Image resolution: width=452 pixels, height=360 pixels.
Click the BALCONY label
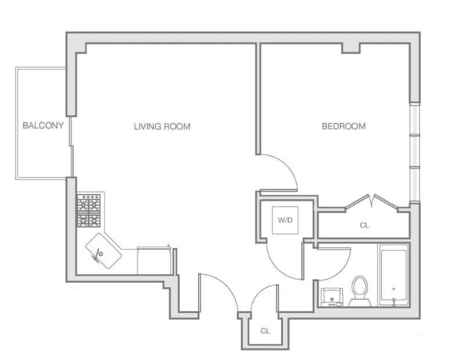(x=43, y=125)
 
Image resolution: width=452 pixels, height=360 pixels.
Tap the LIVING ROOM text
(x=162, y=127)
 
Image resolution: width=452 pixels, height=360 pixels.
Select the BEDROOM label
(x=343, y=126)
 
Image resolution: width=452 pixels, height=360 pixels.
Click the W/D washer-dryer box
(x=285, y=220)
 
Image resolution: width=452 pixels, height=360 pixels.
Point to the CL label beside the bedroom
(x=365, y=225)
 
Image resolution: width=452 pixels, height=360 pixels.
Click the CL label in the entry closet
(x=265, y=331)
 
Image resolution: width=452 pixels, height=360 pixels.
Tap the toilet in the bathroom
(x=360, y=291)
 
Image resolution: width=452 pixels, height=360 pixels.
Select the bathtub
(x=394, y=275)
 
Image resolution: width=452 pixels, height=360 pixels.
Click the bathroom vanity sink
(x=332, y=297)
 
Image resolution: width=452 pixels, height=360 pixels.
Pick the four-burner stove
(x=89, y=211)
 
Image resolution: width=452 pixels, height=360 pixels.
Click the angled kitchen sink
(x=104, y=251)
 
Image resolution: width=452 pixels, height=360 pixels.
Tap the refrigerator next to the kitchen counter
(x=155, y=260)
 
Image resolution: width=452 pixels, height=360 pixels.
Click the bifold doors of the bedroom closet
(x=372, y=201)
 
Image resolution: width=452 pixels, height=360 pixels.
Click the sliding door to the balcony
(x=71, y=146)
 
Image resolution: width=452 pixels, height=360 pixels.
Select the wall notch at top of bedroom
(x=351, y=48)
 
